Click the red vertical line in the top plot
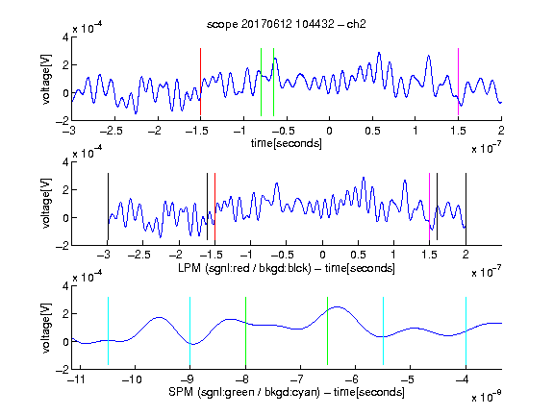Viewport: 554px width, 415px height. click(x=200, y=82)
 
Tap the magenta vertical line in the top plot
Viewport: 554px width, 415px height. click(x=458, y=82)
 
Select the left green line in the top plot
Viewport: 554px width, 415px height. click(x=261, y=82)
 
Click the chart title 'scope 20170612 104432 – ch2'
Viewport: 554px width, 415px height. click(x=287, y=24)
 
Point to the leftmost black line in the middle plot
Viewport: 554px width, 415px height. click(x=108, y=207)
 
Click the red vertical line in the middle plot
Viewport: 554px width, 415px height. click(x=214, y=207)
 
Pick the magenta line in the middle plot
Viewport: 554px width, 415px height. click(x=429, y=207)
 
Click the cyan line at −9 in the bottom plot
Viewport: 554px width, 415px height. click(x=190, y=330)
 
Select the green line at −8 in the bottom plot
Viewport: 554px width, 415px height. click(x=245, y=330)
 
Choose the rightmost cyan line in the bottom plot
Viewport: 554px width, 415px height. click(x=466, y=330)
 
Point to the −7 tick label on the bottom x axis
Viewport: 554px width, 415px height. click(x=299, y=379)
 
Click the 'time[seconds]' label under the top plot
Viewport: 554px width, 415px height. click(x=287, y=143)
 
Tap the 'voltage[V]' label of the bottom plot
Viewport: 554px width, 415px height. click(x=46, y=328)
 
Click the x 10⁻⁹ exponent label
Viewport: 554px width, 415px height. click(x=486, y=397)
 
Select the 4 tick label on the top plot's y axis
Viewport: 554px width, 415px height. click(x=65, y=37)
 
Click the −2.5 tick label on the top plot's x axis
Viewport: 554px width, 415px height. click(x=112, y=131)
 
